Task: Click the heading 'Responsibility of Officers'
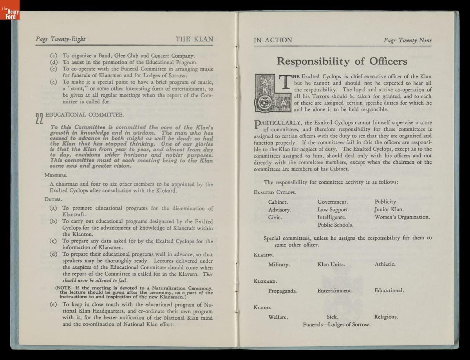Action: pyautogui.click(x=342, y=61)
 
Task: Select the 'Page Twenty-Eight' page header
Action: pyautogui.click(x=60, y=39)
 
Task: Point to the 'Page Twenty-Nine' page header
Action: pyautogui.click(x=410, y=40)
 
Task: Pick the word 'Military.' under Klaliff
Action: pyautogui.click(x=279, y=264)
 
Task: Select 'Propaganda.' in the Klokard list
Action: pyautogui.click(x=283, y=291)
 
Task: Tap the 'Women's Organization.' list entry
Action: pyautogui.click(x=402, y=217)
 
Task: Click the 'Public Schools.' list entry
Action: pyautogui.click(x=335, y=225)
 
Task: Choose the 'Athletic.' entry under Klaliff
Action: pyautogui.click(x=385, y=264)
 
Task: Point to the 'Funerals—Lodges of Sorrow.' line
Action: pyautogui.click(x=337, y=324)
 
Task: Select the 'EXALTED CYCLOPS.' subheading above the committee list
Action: pyautogui.click(x=275, y=192)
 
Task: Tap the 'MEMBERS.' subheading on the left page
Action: pyautogui.click(x=56, y=175)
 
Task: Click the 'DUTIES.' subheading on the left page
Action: pyautogui.click(x=53, y=199)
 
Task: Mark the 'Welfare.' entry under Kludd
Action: pyautogui.click(x=278, y=317)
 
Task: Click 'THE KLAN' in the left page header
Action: pyautogui.click(x=194, y=39)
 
